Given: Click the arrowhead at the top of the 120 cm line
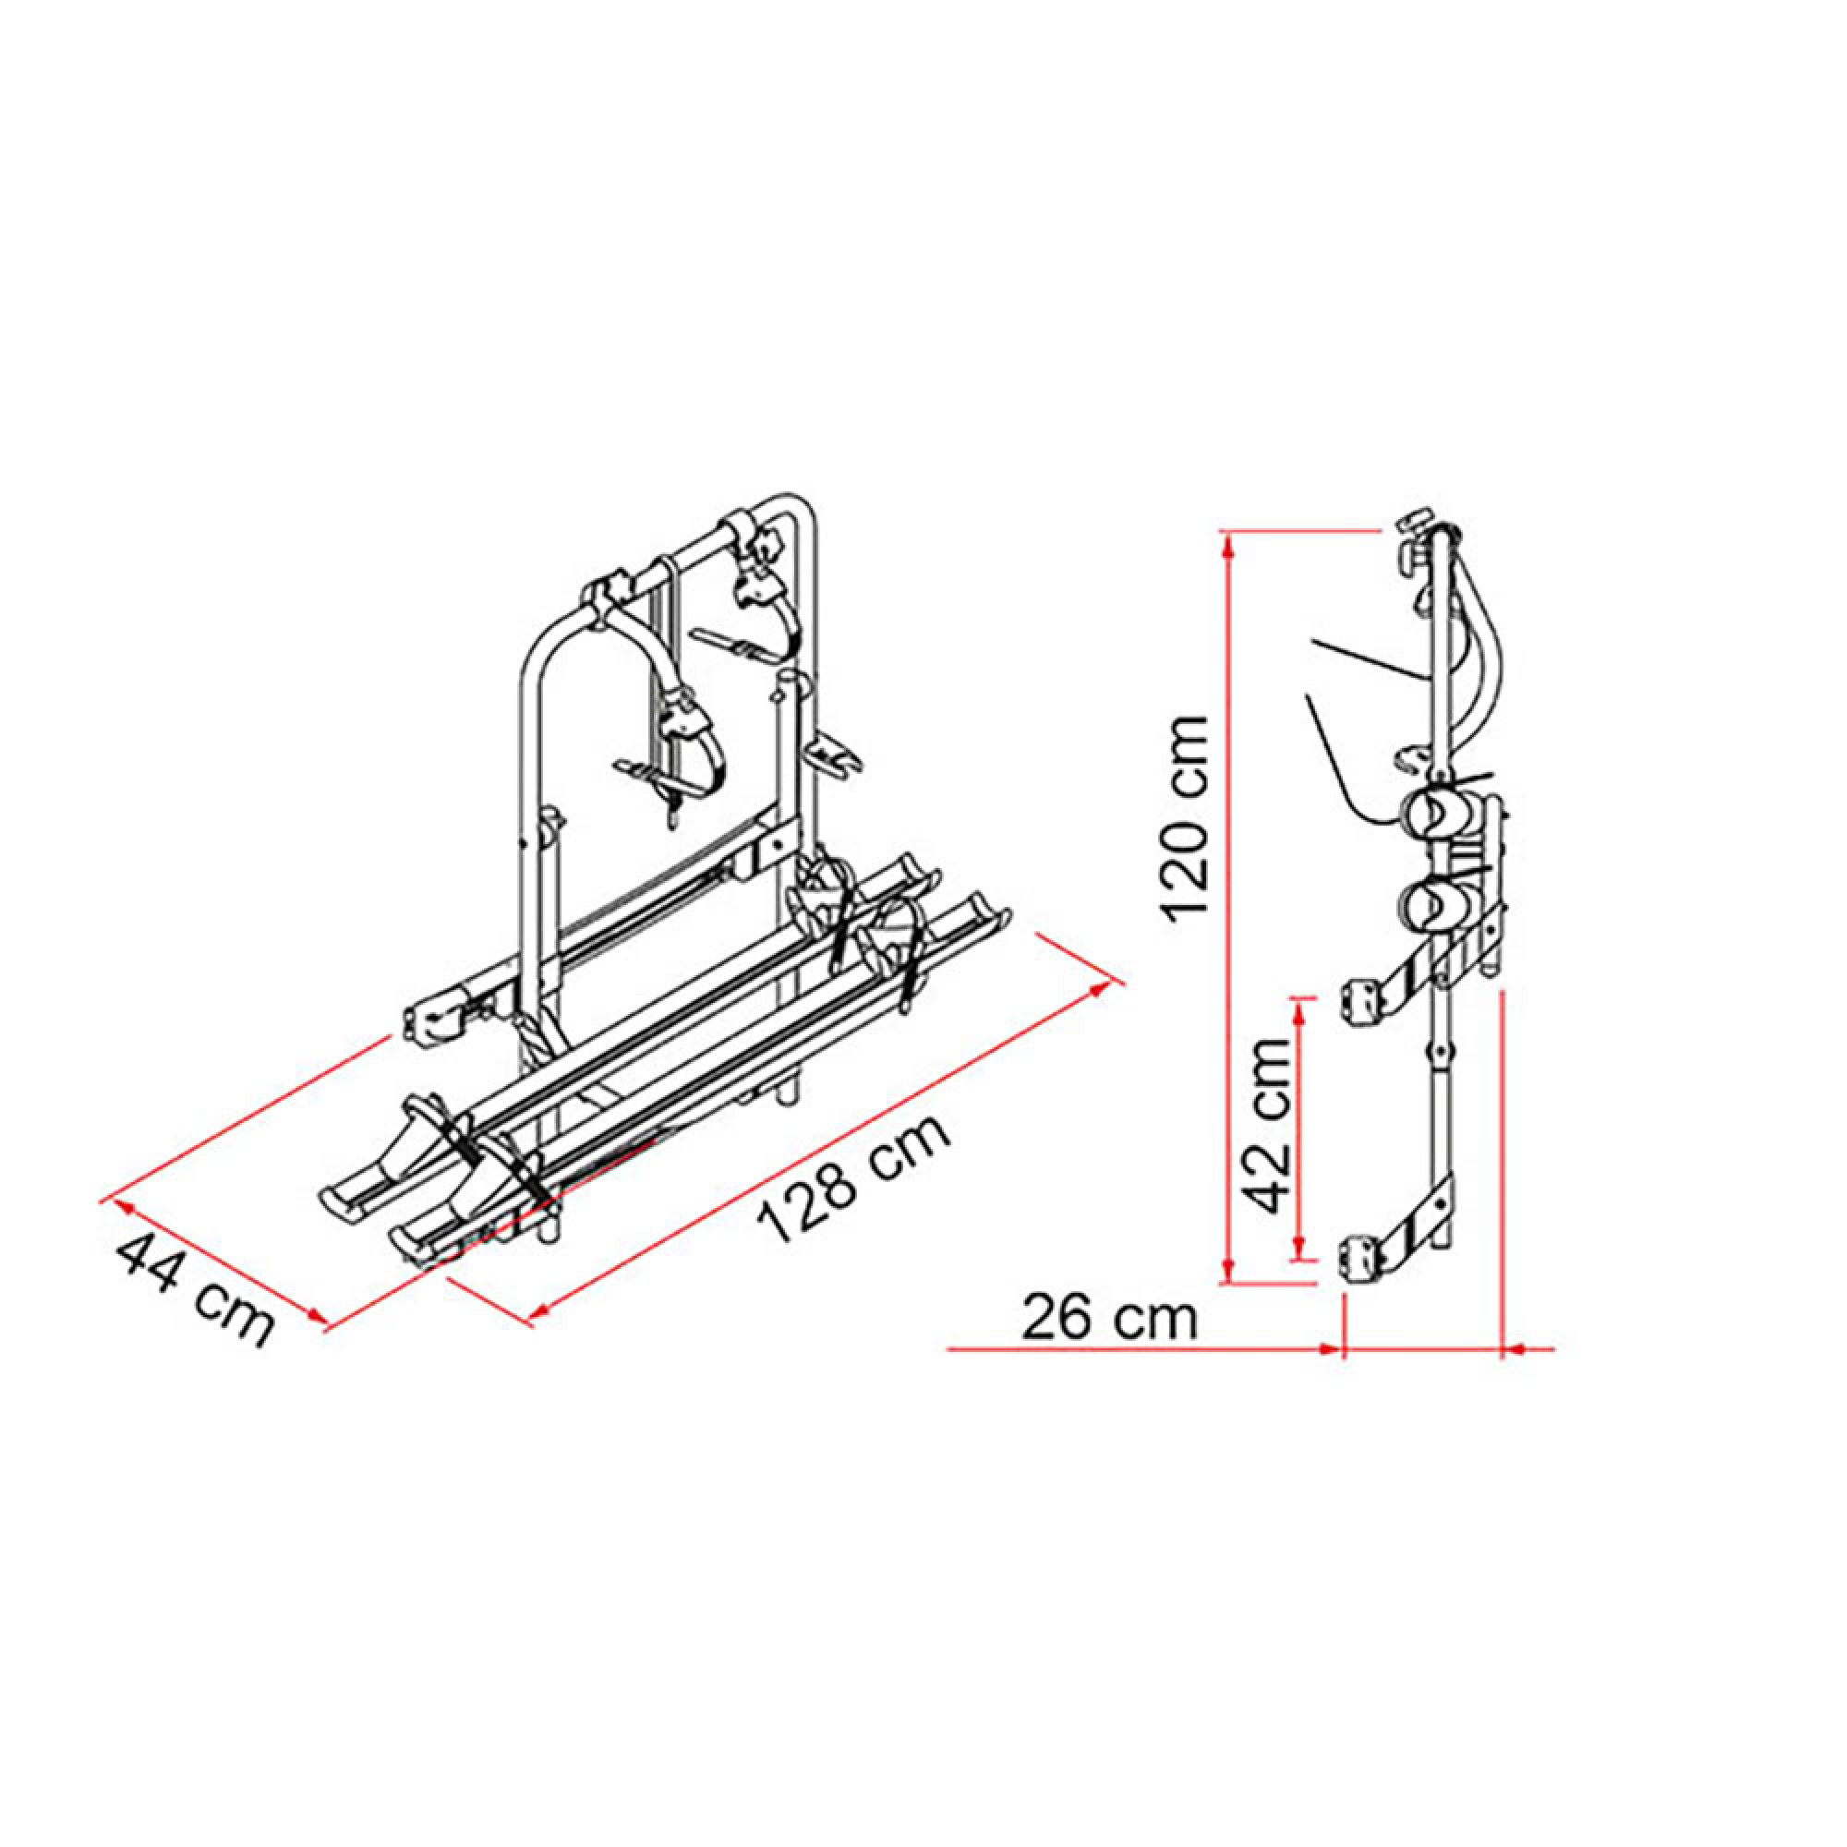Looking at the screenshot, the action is pos(1230,545).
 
